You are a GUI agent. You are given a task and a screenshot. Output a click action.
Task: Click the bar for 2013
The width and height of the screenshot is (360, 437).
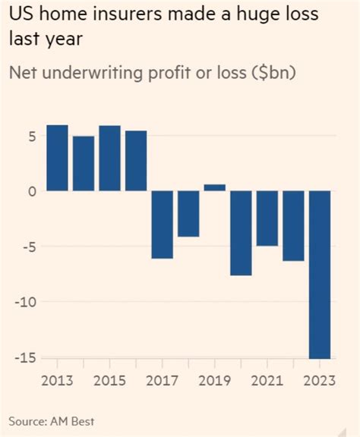click(58, 158)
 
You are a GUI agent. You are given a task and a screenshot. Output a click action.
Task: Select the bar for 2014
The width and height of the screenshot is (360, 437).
click(84, 163)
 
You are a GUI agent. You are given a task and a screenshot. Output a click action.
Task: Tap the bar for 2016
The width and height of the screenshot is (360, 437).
click(136, 161)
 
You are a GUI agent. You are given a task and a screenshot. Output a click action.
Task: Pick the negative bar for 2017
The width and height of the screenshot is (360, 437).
click(162, 225)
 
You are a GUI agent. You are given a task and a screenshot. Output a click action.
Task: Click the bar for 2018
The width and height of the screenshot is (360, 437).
click(188, 214)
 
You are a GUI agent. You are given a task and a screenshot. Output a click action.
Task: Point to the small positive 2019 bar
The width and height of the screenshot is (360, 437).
click(215, 187)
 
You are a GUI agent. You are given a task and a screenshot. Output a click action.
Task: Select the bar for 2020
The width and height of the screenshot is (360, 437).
click(241, 233)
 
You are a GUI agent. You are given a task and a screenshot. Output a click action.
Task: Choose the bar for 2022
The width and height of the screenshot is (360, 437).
click(293, 226)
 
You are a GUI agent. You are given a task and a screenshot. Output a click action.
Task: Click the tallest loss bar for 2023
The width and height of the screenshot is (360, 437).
click(319, 274)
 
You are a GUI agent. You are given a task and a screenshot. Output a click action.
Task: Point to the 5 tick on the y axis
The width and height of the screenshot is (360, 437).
click(31, 136)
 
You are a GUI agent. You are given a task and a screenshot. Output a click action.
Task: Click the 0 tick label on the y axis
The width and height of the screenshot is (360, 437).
click(31, 191)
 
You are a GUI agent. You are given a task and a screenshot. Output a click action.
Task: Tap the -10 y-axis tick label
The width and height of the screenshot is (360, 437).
click(26, 302)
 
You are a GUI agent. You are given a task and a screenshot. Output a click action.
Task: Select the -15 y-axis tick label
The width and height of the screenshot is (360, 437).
click(26, 357)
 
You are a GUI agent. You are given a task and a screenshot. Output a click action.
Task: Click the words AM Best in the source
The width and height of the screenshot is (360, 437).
click(77, 420)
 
